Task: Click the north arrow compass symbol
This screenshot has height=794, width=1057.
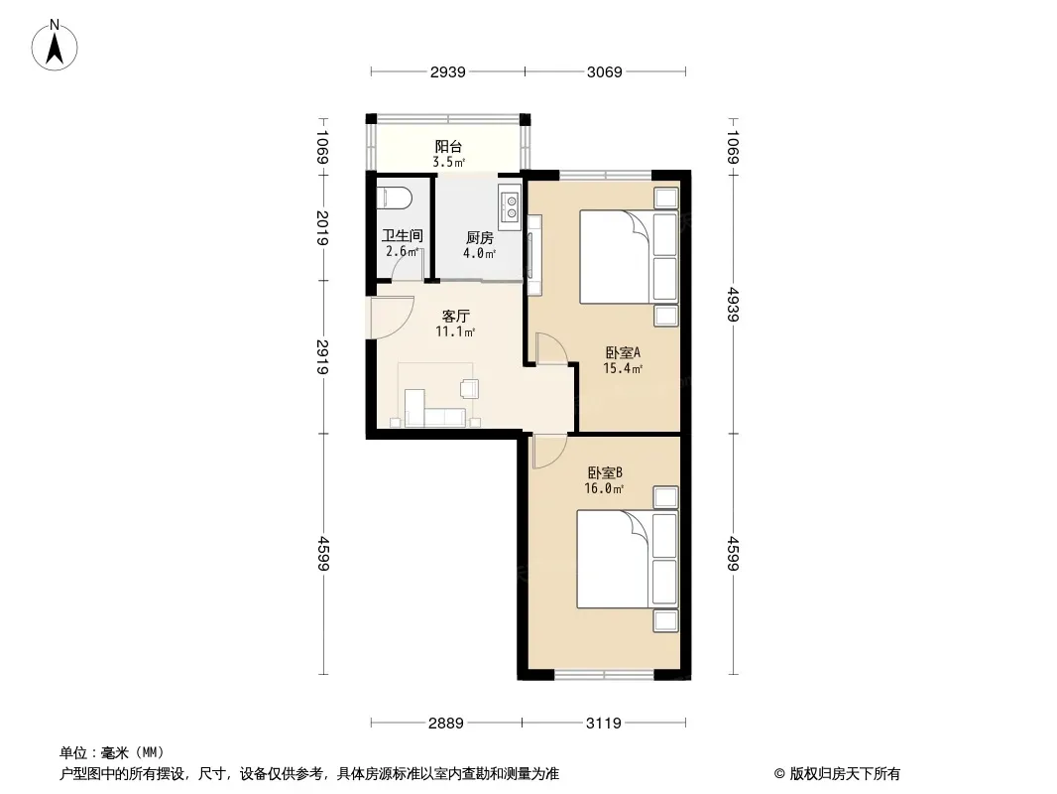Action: (55, 46)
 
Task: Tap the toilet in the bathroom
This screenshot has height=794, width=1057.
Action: (394, 198)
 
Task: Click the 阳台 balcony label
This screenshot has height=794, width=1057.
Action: (448, 146)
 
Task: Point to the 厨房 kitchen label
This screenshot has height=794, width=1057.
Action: (479, 238)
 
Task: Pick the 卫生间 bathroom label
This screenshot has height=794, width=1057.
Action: (402, 235)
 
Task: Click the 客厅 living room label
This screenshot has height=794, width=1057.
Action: (456, 316)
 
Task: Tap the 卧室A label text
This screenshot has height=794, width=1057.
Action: (622, 352)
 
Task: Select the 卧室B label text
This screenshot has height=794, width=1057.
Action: (604, 472)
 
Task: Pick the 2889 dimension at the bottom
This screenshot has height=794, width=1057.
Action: (445, 724)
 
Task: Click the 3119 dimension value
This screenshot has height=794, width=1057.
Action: (603, 724)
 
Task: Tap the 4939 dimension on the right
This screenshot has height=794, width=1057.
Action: (734, 305)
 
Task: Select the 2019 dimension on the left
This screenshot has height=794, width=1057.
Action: (323, 228)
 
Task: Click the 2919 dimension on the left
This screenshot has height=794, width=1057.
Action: (323, 357)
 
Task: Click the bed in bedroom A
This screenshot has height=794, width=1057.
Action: (629, 256)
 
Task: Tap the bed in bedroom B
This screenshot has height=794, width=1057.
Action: (627, 559)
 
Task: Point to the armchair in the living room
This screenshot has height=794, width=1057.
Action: (469, 389)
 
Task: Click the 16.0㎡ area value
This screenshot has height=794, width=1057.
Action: (603, 488)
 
